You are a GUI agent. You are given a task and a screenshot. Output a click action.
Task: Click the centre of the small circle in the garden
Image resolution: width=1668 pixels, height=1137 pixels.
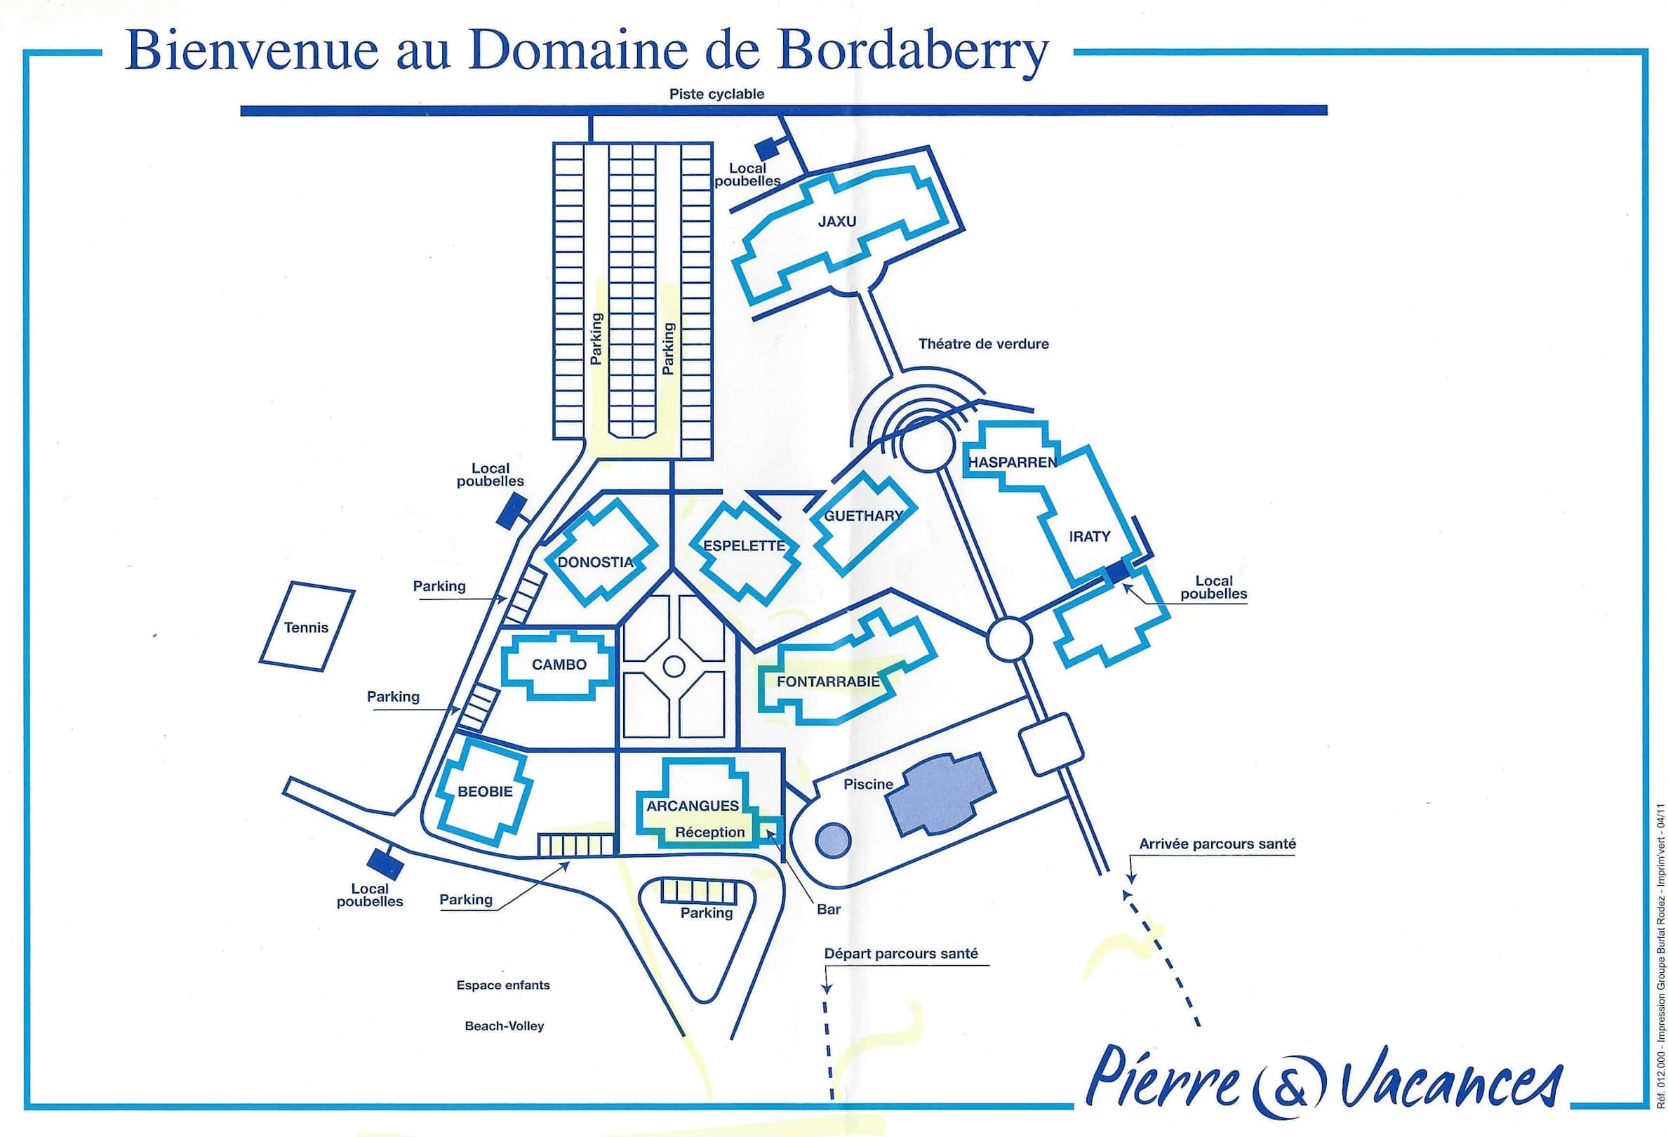pos(673,666)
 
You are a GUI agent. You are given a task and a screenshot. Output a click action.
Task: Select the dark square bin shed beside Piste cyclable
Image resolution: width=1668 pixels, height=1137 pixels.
pos(767,148)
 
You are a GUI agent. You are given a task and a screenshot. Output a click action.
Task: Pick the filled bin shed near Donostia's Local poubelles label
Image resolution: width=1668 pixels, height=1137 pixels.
pos(511,514)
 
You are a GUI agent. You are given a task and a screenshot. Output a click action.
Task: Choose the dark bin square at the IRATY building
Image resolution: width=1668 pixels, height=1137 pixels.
pos(1116,573)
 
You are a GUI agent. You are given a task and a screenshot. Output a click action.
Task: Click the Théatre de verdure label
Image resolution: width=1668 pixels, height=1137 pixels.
pos(983,344)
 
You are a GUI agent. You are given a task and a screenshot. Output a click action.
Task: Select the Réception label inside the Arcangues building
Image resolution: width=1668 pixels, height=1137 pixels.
pos(710,832)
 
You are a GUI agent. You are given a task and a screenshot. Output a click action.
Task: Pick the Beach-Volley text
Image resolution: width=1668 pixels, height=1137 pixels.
pos(505,1025)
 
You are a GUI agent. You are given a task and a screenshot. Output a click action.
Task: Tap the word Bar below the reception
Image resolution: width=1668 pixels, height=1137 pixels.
pos(828,910)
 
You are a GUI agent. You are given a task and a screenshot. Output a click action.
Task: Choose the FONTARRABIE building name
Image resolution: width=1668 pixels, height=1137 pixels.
pos(828,681)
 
